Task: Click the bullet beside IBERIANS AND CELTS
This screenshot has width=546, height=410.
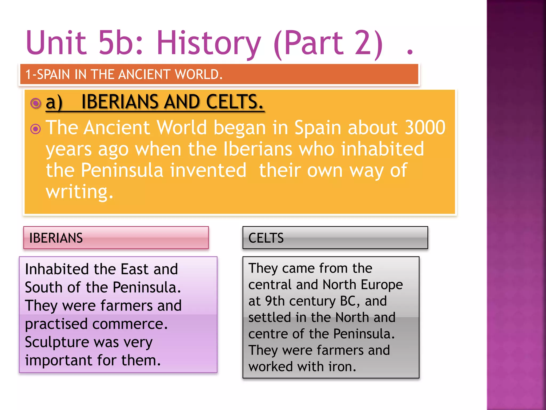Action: click(x=36, y=103)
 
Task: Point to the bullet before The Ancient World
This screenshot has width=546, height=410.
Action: click(x=36, y=129)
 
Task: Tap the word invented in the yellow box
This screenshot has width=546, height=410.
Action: click(x=208, y=170)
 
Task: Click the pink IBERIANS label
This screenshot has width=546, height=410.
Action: click(x=116, y=238)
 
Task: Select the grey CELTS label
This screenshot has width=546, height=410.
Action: click(x=335, y=238)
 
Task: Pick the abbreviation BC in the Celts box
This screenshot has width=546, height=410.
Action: click(x=348, y=301)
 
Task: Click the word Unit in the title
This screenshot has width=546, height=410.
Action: click(x=56, y=43)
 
